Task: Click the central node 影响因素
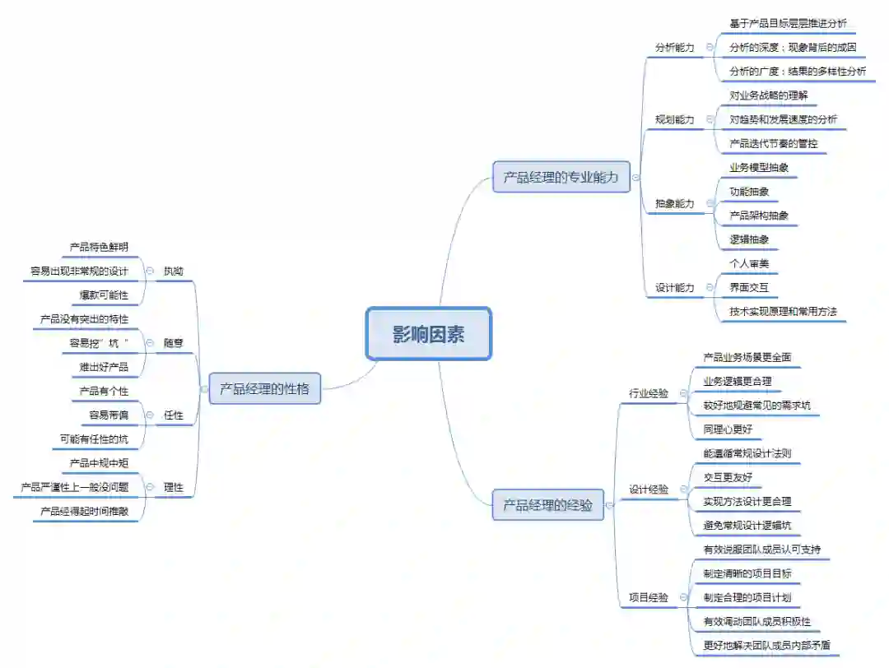tap(428, 334)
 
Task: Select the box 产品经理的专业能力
tap(561, 177)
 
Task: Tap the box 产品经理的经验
tap(548, 505)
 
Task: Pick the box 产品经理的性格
tap(264, 388)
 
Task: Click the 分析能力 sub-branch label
tap(674, 48)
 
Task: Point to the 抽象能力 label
tap(674, 203)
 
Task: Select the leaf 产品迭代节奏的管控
tap(773, 144)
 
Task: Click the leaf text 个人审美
tap(748, 263)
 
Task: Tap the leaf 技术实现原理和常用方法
tap(783, 312)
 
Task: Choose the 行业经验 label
tap(649, 393)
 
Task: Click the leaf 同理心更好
tap(728, 429)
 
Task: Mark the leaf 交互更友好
tap(728, 477)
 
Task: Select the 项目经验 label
tap(649, 597)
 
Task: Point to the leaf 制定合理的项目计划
tap(747, 597)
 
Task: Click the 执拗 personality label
tap(174, 271)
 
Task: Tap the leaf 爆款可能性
tap(104, 295)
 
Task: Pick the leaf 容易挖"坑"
tap(99, 343)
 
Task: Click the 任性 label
tap(174, 415)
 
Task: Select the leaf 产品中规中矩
tap(99, 463)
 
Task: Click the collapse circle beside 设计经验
tap(683, 489)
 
